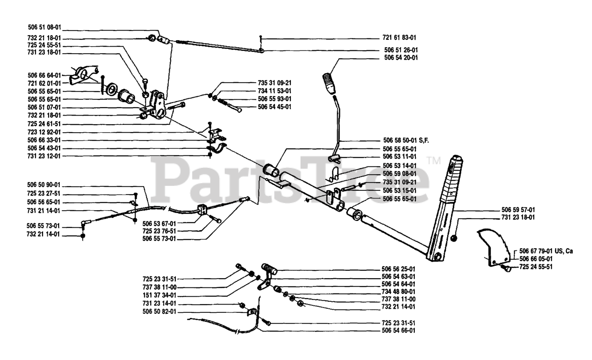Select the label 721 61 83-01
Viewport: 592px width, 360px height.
click(x=402, y=37)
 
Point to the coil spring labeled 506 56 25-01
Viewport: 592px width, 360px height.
click(x=269, y=267)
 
